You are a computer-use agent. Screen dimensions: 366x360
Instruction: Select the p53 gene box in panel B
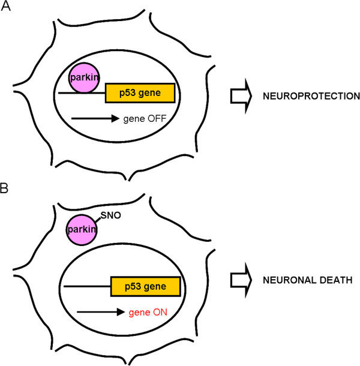pos(146,287)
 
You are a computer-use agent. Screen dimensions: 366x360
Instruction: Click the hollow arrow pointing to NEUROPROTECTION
pos(241,96)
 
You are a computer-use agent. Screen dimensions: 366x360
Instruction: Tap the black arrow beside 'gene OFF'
pos(95,119)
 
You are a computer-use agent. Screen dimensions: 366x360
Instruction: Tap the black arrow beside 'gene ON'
pos(100,312)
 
